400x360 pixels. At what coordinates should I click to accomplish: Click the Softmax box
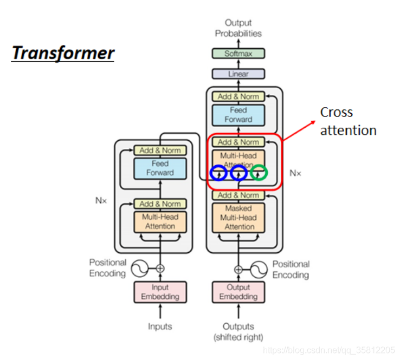pos(238,54)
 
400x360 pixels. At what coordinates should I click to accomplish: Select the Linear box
pos(238,74)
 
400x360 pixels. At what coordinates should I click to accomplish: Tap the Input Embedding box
pos(160,292)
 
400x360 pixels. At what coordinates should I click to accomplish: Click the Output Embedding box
pos(238,292)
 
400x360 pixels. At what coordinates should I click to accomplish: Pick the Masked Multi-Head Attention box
pos(238,218)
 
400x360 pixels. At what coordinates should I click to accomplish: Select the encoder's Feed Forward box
pos(160,168)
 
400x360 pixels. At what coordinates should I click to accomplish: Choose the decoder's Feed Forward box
pos(238,115)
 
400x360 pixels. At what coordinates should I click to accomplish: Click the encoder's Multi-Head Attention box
pos(160,221)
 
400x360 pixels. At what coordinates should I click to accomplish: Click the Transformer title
pos(63,53)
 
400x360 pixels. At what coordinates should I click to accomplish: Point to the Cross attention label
pos(348,121)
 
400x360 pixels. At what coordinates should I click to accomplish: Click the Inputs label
pos(160,326)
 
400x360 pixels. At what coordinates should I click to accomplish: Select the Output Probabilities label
pos(238,28)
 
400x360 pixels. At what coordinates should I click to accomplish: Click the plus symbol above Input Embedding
pos(160,269)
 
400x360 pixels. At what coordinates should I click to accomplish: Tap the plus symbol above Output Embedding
pos(238,270)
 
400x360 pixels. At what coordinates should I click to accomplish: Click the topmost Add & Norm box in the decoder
pos(238,96)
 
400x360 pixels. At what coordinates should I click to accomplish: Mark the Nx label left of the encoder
pos(101,200)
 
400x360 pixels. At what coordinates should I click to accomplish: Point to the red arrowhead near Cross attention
pos(313,122)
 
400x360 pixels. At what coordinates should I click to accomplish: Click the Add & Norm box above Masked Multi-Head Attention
pos(238,195)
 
